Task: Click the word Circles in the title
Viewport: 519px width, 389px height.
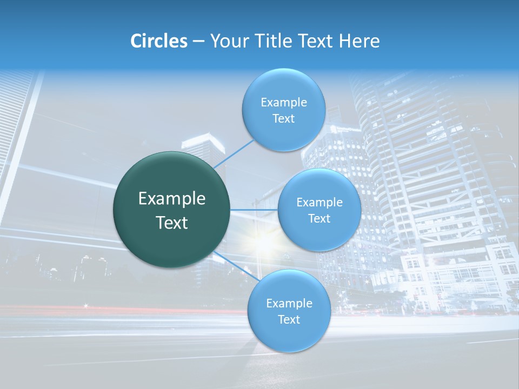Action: (x=159, y=41)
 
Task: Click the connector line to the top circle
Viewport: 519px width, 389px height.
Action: (x=234, y=153)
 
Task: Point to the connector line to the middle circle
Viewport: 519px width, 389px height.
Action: (x=254, y=210)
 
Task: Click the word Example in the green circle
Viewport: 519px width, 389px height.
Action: (x=172, y=199)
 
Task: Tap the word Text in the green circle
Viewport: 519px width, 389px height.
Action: (x=172, y=223)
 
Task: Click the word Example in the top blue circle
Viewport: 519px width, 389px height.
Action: (x=284, y=103)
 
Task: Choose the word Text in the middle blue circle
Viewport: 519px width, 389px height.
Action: (x=320, y=218)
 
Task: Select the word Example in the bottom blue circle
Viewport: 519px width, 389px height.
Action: (x=289, y=303)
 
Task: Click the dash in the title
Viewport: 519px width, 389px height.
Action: (x=198, y=41)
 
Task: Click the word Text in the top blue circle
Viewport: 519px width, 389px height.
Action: (x=283, y=119)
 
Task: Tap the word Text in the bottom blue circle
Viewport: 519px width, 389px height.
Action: (x=289, y=319)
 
